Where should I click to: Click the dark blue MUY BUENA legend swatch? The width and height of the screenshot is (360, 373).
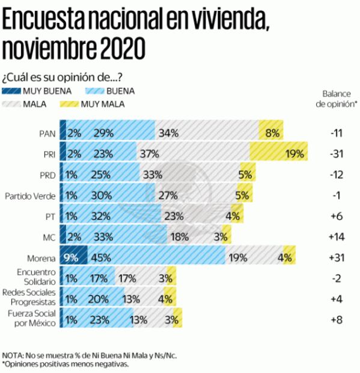tap(11, 91)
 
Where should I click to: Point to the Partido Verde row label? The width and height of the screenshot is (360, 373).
tap(31, 196)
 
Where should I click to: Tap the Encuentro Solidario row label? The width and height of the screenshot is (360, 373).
tap(34, 277)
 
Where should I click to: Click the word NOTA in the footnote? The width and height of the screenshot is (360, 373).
tap(13, 356)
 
